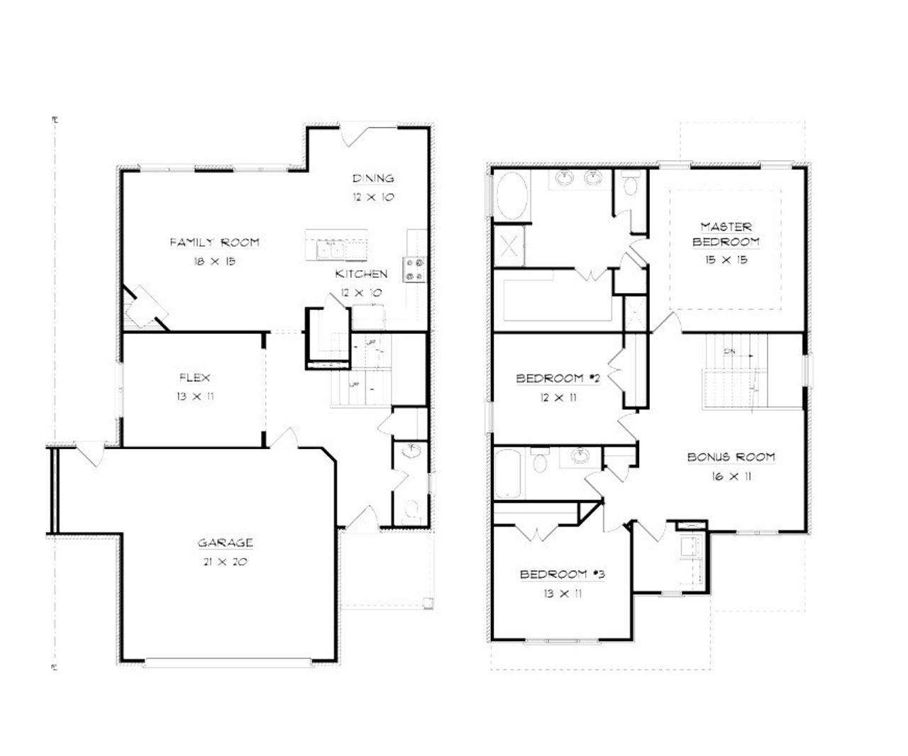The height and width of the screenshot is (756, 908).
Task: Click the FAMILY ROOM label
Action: point(214,243)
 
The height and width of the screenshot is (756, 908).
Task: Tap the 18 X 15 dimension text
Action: point(214,261)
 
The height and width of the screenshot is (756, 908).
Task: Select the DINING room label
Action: point(373,179)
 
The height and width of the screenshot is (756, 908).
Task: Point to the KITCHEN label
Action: point(362,274)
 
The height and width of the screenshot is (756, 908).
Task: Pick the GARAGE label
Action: point(225,543)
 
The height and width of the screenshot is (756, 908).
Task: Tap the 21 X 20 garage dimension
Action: point(225,562)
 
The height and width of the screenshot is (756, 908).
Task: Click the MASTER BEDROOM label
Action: point(726,234)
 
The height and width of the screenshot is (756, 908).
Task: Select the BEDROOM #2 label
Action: point(558,379)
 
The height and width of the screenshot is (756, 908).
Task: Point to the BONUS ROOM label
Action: point(731,457)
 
